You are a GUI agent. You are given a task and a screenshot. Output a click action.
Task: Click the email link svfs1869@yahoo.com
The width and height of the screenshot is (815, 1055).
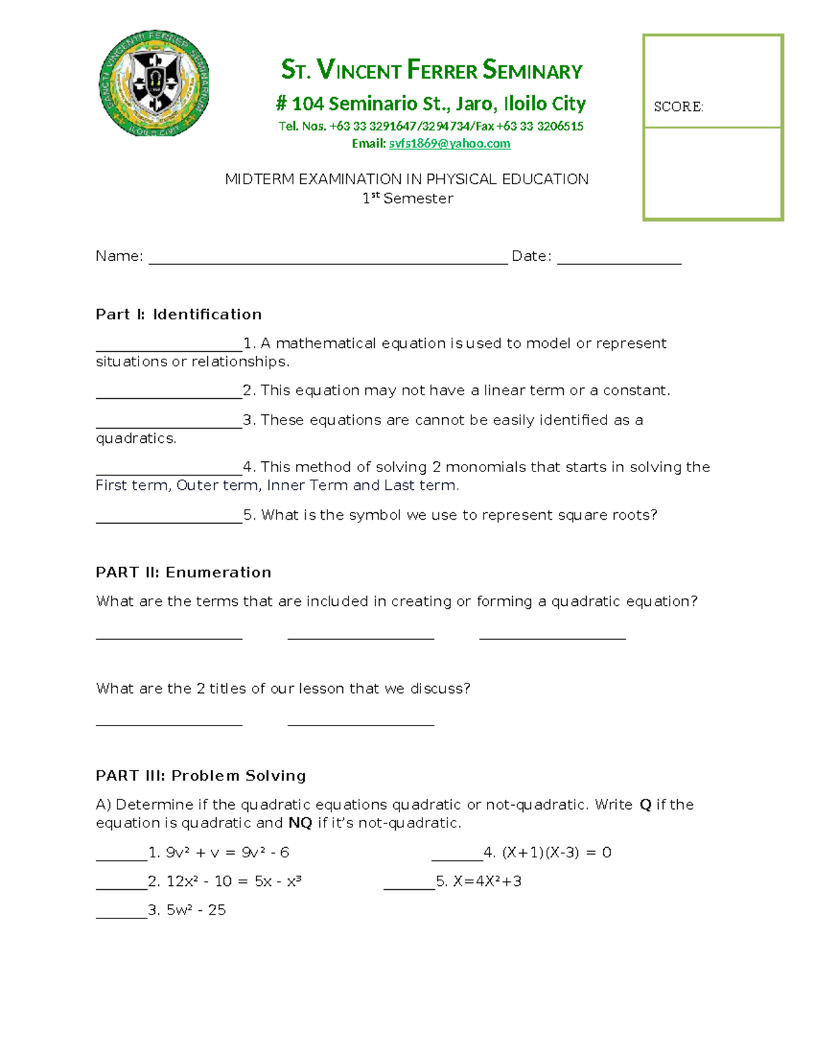[x=449, y=143]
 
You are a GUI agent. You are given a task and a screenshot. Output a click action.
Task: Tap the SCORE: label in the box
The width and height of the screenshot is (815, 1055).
[x=678, y=107]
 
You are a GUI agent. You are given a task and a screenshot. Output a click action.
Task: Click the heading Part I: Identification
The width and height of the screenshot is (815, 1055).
[x=179, y=315]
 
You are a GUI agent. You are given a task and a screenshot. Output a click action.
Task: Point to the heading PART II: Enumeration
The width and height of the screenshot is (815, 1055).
[x=183, y=572]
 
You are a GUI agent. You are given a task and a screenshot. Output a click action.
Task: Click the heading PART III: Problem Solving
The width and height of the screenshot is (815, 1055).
[x=200, y=776]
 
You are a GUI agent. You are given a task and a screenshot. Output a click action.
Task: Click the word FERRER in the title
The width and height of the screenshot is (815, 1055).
[x=442, y=71]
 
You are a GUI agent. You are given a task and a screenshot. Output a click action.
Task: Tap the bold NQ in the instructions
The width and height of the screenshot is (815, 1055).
[x=300, y=823]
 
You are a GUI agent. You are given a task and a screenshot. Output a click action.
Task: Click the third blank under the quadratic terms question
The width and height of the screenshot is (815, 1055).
[x=552, y=636]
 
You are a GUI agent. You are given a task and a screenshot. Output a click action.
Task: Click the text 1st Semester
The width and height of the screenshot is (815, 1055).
[x=407, y=198]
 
